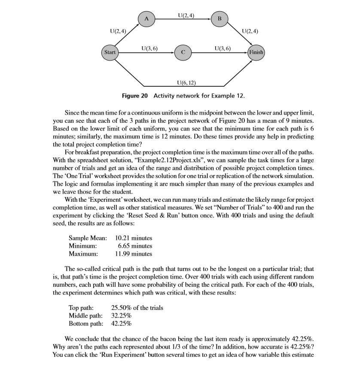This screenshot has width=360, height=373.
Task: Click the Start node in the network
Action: [109, 53]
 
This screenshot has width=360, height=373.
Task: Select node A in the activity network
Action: [146, 19]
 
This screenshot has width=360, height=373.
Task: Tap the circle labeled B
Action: [220, 19]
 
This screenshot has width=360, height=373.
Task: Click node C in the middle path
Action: [183, 53]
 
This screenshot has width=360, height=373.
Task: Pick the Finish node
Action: [256, 53]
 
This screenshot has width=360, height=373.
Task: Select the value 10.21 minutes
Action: [134, 238]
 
